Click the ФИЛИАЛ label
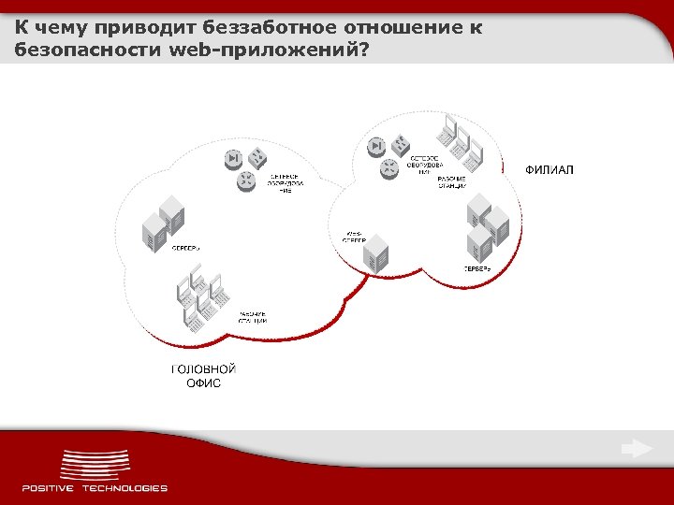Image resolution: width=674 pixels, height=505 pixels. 549,169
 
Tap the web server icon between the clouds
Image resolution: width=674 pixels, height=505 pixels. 378,255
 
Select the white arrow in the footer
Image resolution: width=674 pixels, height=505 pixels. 637,449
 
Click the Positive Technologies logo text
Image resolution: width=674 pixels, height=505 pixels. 95,487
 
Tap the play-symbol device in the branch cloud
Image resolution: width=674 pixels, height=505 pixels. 376,145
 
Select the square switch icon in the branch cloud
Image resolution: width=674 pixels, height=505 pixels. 400,145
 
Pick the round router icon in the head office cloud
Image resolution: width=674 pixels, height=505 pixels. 246,180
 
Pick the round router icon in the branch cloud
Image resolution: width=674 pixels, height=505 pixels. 388,168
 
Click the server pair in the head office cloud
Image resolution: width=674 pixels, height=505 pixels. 161,224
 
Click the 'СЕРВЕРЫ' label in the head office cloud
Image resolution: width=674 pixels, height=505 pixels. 185,247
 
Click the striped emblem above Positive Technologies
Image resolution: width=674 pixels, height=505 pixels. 95,466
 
